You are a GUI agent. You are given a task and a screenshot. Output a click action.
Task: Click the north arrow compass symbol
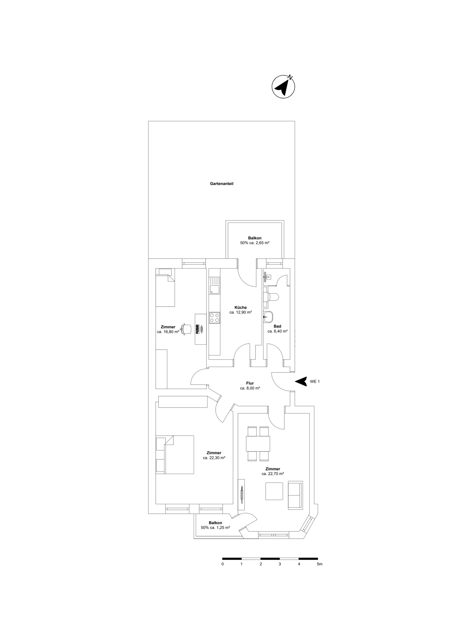pyautogui.click(x=283, y=86)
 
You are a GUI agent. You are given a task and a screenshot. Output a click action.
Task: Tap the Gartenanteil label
pyautogui.click(x=221, y=184)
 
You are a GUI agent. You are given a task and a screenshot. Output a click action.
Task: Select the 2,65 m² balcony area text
pyautogui.click(x=255, y=242)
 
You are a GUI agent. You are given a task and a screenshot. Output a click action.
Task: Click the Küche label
pyautogui.click(x=241, y=307)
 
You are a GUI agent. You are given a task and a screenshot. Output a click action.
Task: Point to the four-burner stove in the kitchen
pyautogui.click(x=214, y=318)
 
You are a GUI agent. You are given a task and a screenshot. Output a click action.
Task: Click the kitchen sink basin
pyautogui.click(x=214, y=290)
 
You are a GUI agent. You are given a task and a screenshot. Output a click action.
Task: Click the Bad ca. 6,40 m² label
pyautogui.click(x=277, y=329)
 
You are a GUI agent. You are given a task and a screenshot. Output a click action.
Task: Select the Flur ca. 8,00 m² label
pyautogui.click(x=250, y=386)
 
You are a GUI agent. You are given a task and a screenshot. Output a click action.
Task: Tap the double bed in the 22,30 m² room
pyautogui.click(x=179, y=455)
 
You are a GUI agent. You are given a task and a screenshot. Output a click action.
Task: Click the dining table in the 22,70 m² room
pyautogui.click(x=258, y=444)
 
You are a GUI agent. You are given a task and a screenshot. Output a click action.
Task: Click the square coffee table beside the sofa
pyautogui.click(x=274, y=491)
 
